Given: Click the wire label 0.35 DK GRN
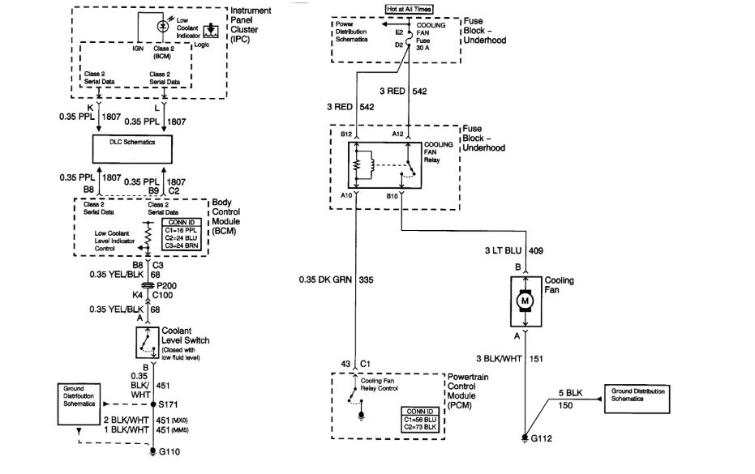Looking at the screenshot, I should pyautogui.click(x=324, y=280).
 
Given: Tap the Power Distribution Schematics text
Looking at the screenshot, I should pyautogui.click(x=352, y=32).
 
